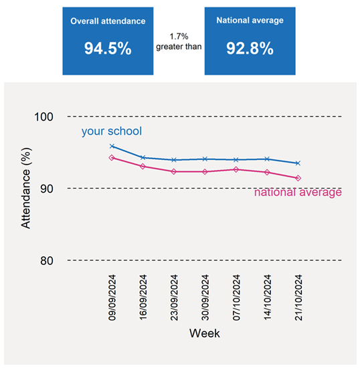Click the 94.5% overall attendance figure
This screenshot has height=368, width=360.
coord(108,48)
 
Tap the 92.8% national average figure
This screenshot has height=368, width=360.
coord(250,48)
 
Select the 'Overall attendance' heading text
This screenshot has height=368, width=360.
coord(108,21)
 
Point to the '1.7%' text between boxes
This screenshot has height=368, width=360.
coord(179,37)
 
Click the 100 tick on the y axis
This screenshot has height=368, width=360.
coord(44,116)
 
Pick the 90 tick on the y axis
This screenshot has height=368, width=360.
coord(47,189)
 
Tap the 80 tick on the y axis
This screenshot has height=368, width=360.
coord(47,260)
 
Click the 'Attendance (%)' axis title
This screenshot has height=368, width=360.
coord(26,188)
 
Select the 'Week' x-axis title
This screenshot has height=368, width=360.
coord(205,333)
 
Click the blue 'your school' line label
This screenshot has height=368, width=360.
coord(112,131)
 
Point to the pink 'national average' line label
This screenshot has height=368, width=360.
coord(298,192)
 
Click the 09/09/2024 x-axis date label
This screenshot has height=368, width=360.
coord(112,298)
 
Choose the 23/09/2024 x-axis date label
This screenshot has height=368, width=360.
coord(174,298)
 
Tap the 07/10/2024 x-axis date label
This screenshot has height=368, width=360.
coord(236,298)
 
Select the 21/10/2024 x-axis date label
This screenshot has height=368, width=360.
coord(298,298)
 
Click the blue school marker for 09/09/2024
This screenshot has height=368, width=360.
coord(112,147)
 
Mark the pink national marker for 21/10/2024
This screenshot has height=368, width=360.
coord(298,178)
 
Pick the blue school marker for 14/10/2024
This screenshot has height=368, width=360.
coord(267,159)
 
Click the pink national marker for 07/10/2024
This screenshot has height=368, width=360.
coord(236,169)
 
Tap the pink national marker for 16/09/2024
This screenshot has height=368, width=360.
coord(143,167)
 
